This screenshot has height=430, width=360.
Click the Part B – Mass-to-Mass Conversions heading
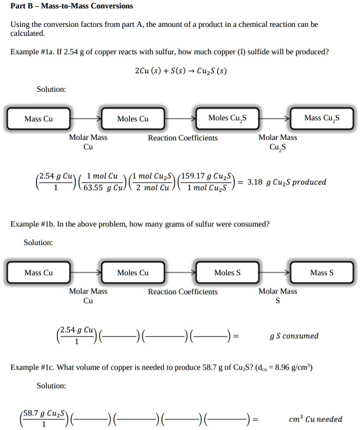pyautogui.click(x=72, y=6)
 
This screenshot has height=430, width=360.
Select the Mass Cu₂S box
pyautogui.click(x=321, y=118)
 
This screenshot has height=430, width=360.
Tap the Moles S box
pyautogui.click(x=228, y=272)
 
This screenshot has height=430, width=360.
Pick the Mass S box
pyautogui.click(x=321, y=272)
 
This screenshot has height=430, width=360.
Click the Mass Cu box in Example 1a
pyautogui.click(x=39, y=119)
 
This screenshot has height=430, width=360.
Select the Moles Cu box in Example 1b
pyautogui.click(x=132, y=272)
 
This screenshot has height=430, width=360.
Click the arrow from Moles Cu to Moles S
pyautogui.click(x=180, y=272)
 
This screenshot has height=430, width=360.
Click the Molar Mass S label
pyautogui.click(x=277, y=296)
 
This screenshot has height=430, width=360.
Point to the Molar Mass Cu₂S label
pyautogui.click(x=277, y=142)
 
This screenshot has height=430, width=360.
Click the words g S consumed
pyautogui.click(x=293, y=336)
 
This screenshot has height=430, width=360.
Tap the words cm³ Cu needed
pyautogui.click(x=315, y=419)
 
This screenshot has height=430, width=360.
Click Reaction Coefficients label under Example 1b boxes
pyautogui.click(x=183, y=292)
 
